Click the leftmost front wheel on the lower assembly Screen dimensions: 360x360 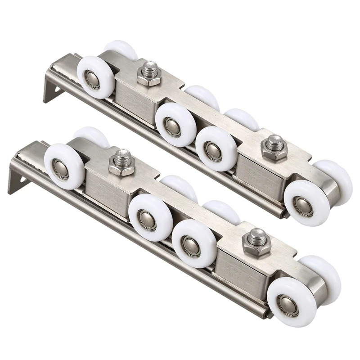pyautogui.click(x=63, y=166)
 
